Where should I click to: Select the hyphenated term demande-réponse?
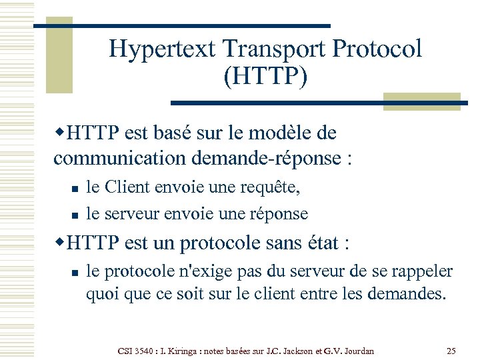pos(270,159)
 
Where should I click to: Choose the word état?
pos(315,243)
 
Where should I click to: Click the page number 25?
pos(451,351)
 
